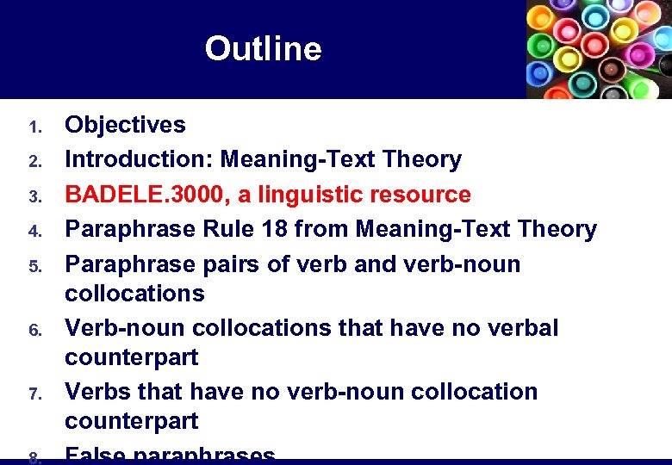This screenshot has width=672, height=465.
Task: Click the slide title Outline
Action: pyautogui.click(x=263, y=49)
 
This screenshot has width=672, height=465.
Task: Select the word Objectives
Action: pyautogui.click(x=126, y=125)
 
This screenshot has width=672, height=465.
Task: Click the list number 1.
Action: pyautogui.click(x=34, y=127)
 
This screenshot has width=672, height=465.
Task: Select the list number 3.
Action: pyautogui.click(x=34, y=197)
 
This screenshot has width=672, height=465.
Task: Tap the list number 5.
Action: pyautogui.click(x=34, y=266)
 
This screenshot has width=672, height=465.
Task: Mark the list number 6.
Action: pyautogui.click(x=34, y=331)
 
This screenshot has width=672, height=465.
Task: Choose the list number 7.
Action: pyautogui.click(x=34, y=394)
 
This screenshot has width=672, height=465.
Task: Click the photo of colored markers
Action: pyautogui.click(x=599, y=49)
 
